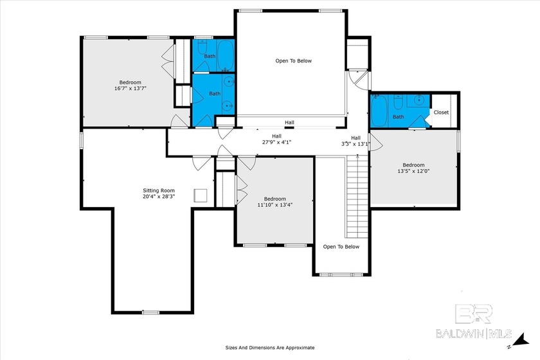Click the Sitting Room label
coord(159,190)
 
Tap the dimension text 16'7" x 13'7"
coord(130,88)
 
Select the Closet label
coord(441,113)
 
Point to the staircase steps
coord(357,196)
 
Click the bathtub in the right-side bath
coord(379,111)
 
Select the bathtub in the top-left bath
coord(226,56)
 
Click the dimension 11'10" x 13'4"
coord(275,204)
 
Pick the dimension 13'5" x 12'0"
coord(413,171)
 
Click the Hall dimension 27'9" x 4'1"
coord(276,142)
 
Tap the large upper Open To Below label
coord(293,61)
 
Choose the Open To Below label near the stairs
coord(341,247)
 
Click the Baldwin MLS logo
coord(474,320)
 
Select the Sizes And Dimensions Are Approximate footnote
coord(270,348)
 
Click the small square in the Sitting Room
coord(201,195)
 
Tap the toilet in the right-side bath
coord(398,102)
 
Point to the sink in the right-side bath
coord(419,100)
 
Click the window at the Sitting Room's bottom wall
coord(151,312)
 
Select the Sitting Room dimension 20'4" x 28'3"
coord(159,197)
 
